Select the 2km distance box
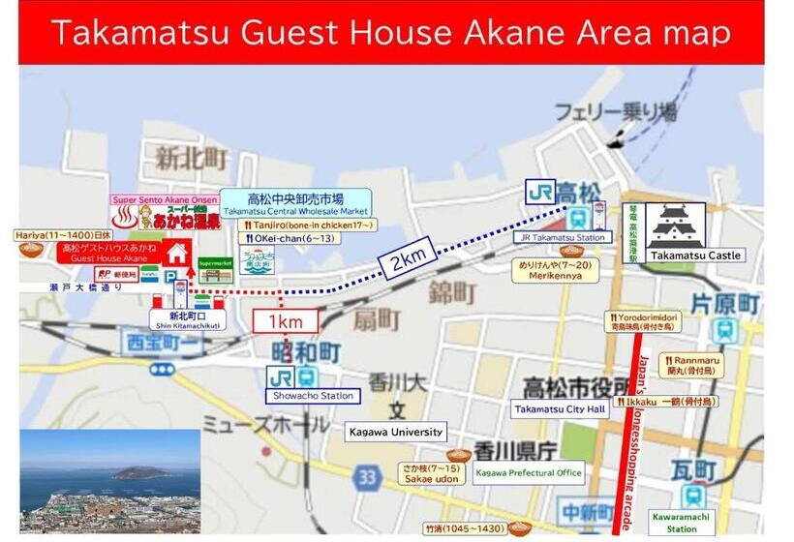(x=407, y=259)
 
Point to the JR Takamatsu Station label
(x=564, y=237)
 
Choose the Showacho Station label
(x=313, y=396)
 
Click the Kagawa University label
(x=396, y=432)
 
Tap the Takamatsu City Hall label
(x=561, y=409)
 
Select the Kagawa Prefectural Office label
(x=529, y=473)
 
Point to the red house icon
(x=176, y=254)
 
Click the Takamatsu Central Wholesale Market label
(x=296, y=203)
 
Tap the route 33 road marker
(x=367, y=477)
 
